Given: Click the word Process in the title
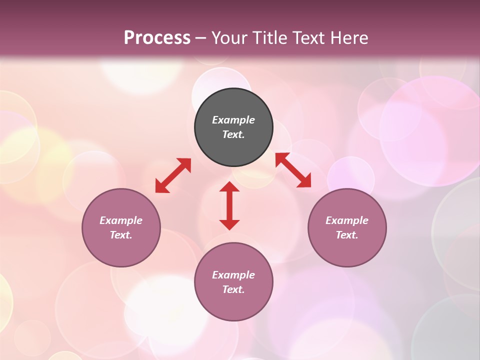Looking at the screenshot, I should [x=157, y=38].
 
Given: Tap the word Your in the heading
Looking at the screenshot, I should [x=231, y=38].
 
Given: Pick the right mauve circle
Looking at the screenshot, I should [x=347, y=250].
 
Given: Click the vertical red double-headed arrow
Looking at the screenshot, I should [x=229, y=205].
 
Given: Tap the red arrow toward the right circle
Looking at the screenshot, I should [x=293, y=170].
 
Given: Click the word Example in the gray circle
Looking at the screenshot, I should [x=233, y=120].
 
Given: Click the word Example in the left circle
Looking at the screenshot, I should [x=121, y=220].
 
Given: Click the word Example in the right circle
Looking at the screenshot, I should [x=347, y=220].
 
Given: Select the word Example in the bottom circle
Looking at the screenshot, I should [x=233, y=275].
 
